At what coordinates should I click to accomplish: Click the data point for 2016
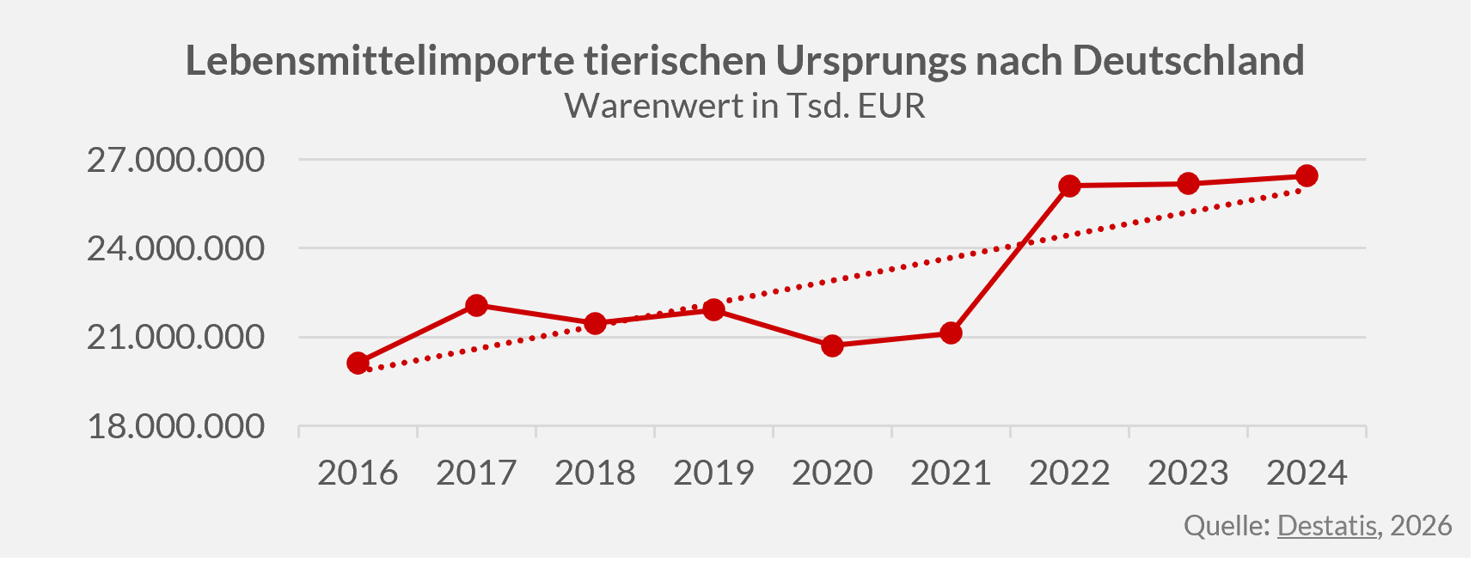tap(358, 363)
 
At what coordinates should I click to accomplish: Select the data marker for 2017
tap(477, 305)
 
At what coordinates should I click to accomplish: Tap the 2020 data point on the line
tap(832, 346)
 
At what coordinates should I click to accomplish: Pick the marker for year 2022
tap(1069, 186)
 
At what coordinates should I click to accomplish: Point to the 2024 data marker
tap(1307, 176)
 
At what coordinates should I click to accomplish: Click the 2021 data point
tap(951, 333)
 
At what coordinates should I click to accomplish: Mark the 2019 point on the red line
tap(713, 309)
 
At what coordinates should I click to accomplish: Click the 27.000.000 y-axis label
tap(175, 160)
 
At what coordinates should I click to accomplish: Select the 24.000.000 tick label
tap(175, 248)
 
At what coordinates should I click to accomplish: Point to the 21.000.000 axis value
tap(175, 337)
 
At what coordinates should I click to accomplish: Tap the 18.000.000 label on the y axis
tap(175, 426)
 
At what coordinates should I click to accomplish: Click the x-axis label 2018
tap(595, 473)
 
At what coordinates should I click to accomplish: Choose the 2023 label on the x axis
tap(1188, 473)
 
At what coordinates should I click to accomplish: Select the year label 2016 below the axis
tap(358, 473)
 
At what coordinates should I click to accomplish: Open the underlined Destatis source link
tap(1326, 525)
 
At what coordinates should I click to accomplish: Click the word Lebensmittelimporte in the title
tap(380, 61)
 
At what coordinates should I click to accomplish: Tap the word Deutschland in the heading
tap(1188, 61)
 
